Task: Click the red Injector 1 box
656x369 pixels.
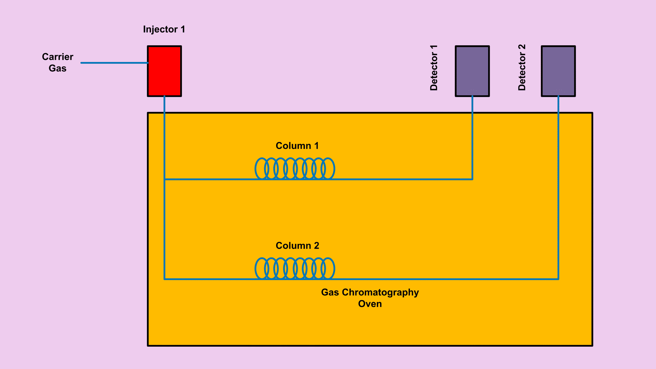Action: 164,71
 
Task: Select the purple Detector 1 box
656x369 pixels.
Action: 472,71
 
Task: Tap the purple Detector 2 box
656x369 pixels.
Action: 558,71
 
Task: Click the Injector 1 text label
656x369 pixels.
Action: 164,29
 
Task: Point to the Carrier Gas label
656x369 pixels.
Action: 58,63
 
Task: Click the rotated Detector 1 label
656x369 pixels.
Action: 434,68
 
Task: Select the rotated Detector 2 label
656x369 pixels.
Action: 522,68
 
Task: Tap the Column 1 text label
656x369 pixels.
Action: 297,146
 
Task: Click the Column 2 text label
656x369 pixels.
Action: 297,245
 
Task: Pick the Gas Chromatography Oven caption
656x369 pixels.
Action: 370,298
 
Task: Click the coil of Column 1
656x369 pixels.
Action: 295,168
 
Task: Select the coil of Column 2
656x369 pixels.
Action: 295,268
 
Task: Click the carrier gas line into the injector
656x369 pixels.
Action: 114,63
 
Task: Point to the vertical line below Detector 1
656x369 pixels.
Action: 472,138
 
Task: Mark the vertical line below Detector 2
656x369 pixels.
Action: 558,187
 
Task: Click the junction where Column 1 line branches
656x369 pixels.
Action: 165,179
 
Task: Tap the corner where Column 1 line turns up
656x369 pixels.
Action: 472,179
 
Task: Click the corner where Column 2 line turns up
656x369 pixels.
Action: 558,279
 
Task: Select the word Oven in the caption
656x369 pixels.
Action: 370,304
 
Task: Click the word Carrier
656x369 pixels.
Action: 58,57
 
